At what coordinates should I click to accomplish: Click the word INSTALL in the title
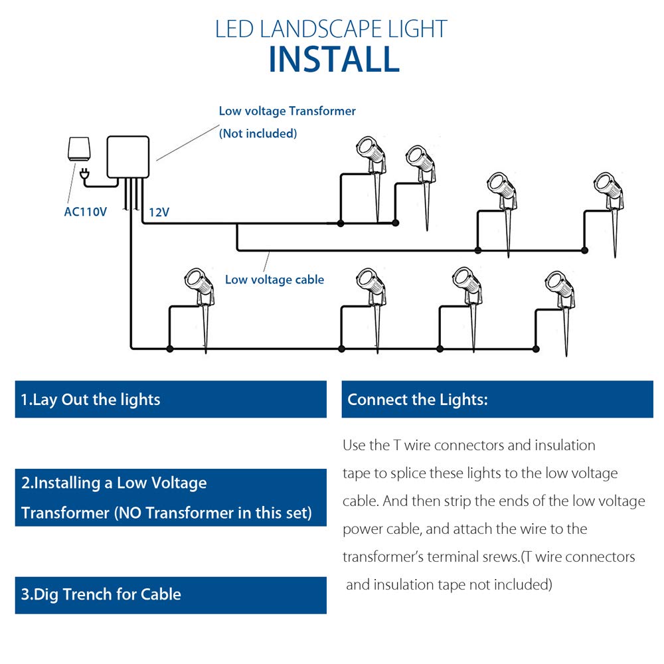[x=334, y=58]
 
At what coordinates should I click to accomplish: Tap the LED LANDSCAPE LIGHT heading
[x=331, y=29]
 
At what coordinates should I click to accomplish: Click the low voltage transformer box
[x=127, y=157]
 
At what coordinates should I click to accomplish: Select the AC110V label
[x=86, y=212]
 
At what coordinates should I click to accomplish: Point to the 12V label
[x=159, y=212]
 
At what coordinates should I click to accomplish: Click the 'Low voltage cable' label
[x=274, y=280]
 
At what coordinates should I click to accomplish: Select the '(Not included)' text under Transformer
[x=258, y=133]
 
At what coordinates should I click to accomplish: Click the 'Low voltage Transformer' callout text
[x=287, y=111]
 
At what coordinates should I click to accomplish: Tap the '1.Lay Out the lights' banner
[x=170, y=399]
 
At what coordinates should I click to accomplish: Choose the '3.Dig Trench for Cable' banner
[x=170, y=594]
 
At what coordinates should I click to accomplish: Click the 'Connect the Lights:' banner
[x=497, y=399]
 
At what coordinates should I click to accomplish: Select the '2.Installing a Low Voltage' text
[x=114, y=483]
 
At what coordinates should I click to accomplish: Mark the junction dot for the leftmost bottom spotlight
[x=170, y=349]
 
